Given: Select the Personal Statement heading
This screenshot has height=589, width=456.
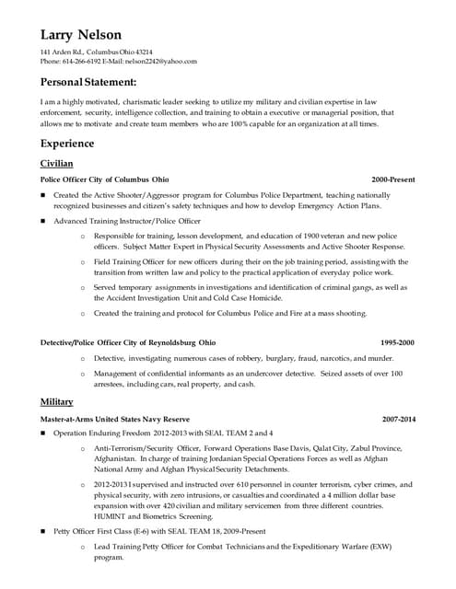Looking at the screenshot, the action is tap(97, 83).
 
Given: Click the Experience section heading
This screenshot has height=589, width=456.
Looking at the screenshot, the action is tap(68, 144).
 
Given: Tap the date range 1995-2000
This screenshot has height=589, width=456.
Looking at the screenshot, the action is tap(397, 341).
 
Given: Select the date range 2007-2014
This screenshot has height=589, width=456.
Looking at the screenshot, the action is tap(397, 419).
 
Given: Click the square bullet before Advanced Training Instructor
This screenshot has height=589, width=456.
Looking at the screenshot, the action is tap(43, 222).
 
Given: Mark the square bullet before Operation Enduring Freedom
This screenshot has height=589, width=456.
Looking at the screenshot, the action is tap(43, 432).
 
